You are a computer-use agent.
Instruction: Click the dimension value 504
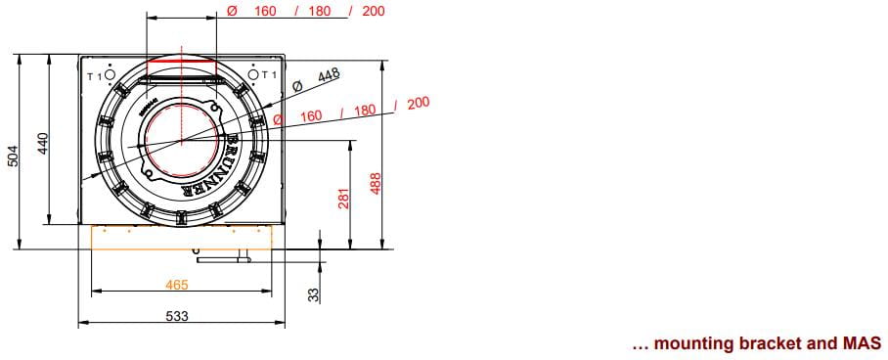[13, 157]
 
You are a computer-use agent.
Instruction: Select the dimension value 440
[43, 144]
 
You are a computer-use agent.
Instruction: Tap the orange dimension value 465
[177, 285]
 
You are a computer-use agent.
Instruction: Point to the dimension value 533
[177, 316]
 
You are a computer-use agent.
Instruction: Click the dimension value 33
[314, 294]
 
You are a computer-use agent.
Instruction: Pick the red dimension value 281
[344, 199]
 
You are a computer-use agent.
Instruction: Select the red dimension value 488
[377, 183]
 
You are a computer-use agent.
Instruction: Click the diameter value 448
[328, 74]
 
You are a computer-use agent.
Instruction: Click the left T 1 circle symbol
[111, 74]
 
